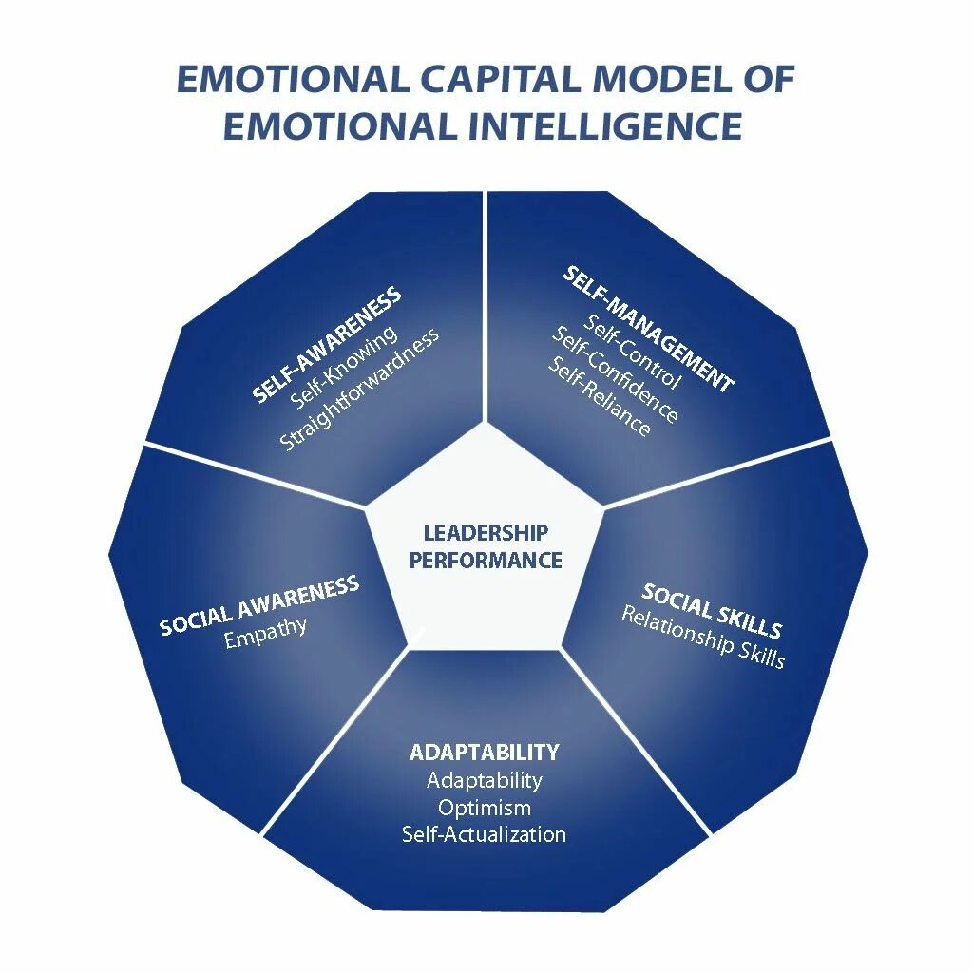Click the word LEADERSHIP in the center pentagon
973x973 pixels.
click(486, 533)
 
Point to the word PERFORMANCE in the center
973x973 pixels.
click(486, 561)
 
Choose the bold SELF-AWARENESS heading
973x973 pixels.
click(327, 345)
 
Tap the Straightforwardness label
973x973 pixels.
click(360, 390)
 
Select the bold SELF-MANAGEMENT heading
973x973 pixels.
click(649, 329)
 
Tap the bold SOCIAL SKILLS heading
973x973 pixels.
click(712, 610)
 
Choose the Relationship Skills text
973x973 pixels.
click(703, 637)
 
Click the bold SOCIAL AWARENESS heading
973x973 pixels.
click(259, 605)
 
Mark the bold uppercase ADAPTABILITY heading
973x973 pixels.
click(485, 753)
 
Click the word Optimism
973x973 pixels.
click(485, 808)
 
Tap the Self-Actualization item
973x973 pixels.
click(485, 835)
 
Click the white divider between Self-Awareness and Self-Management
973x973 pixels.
click(486, 304)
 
